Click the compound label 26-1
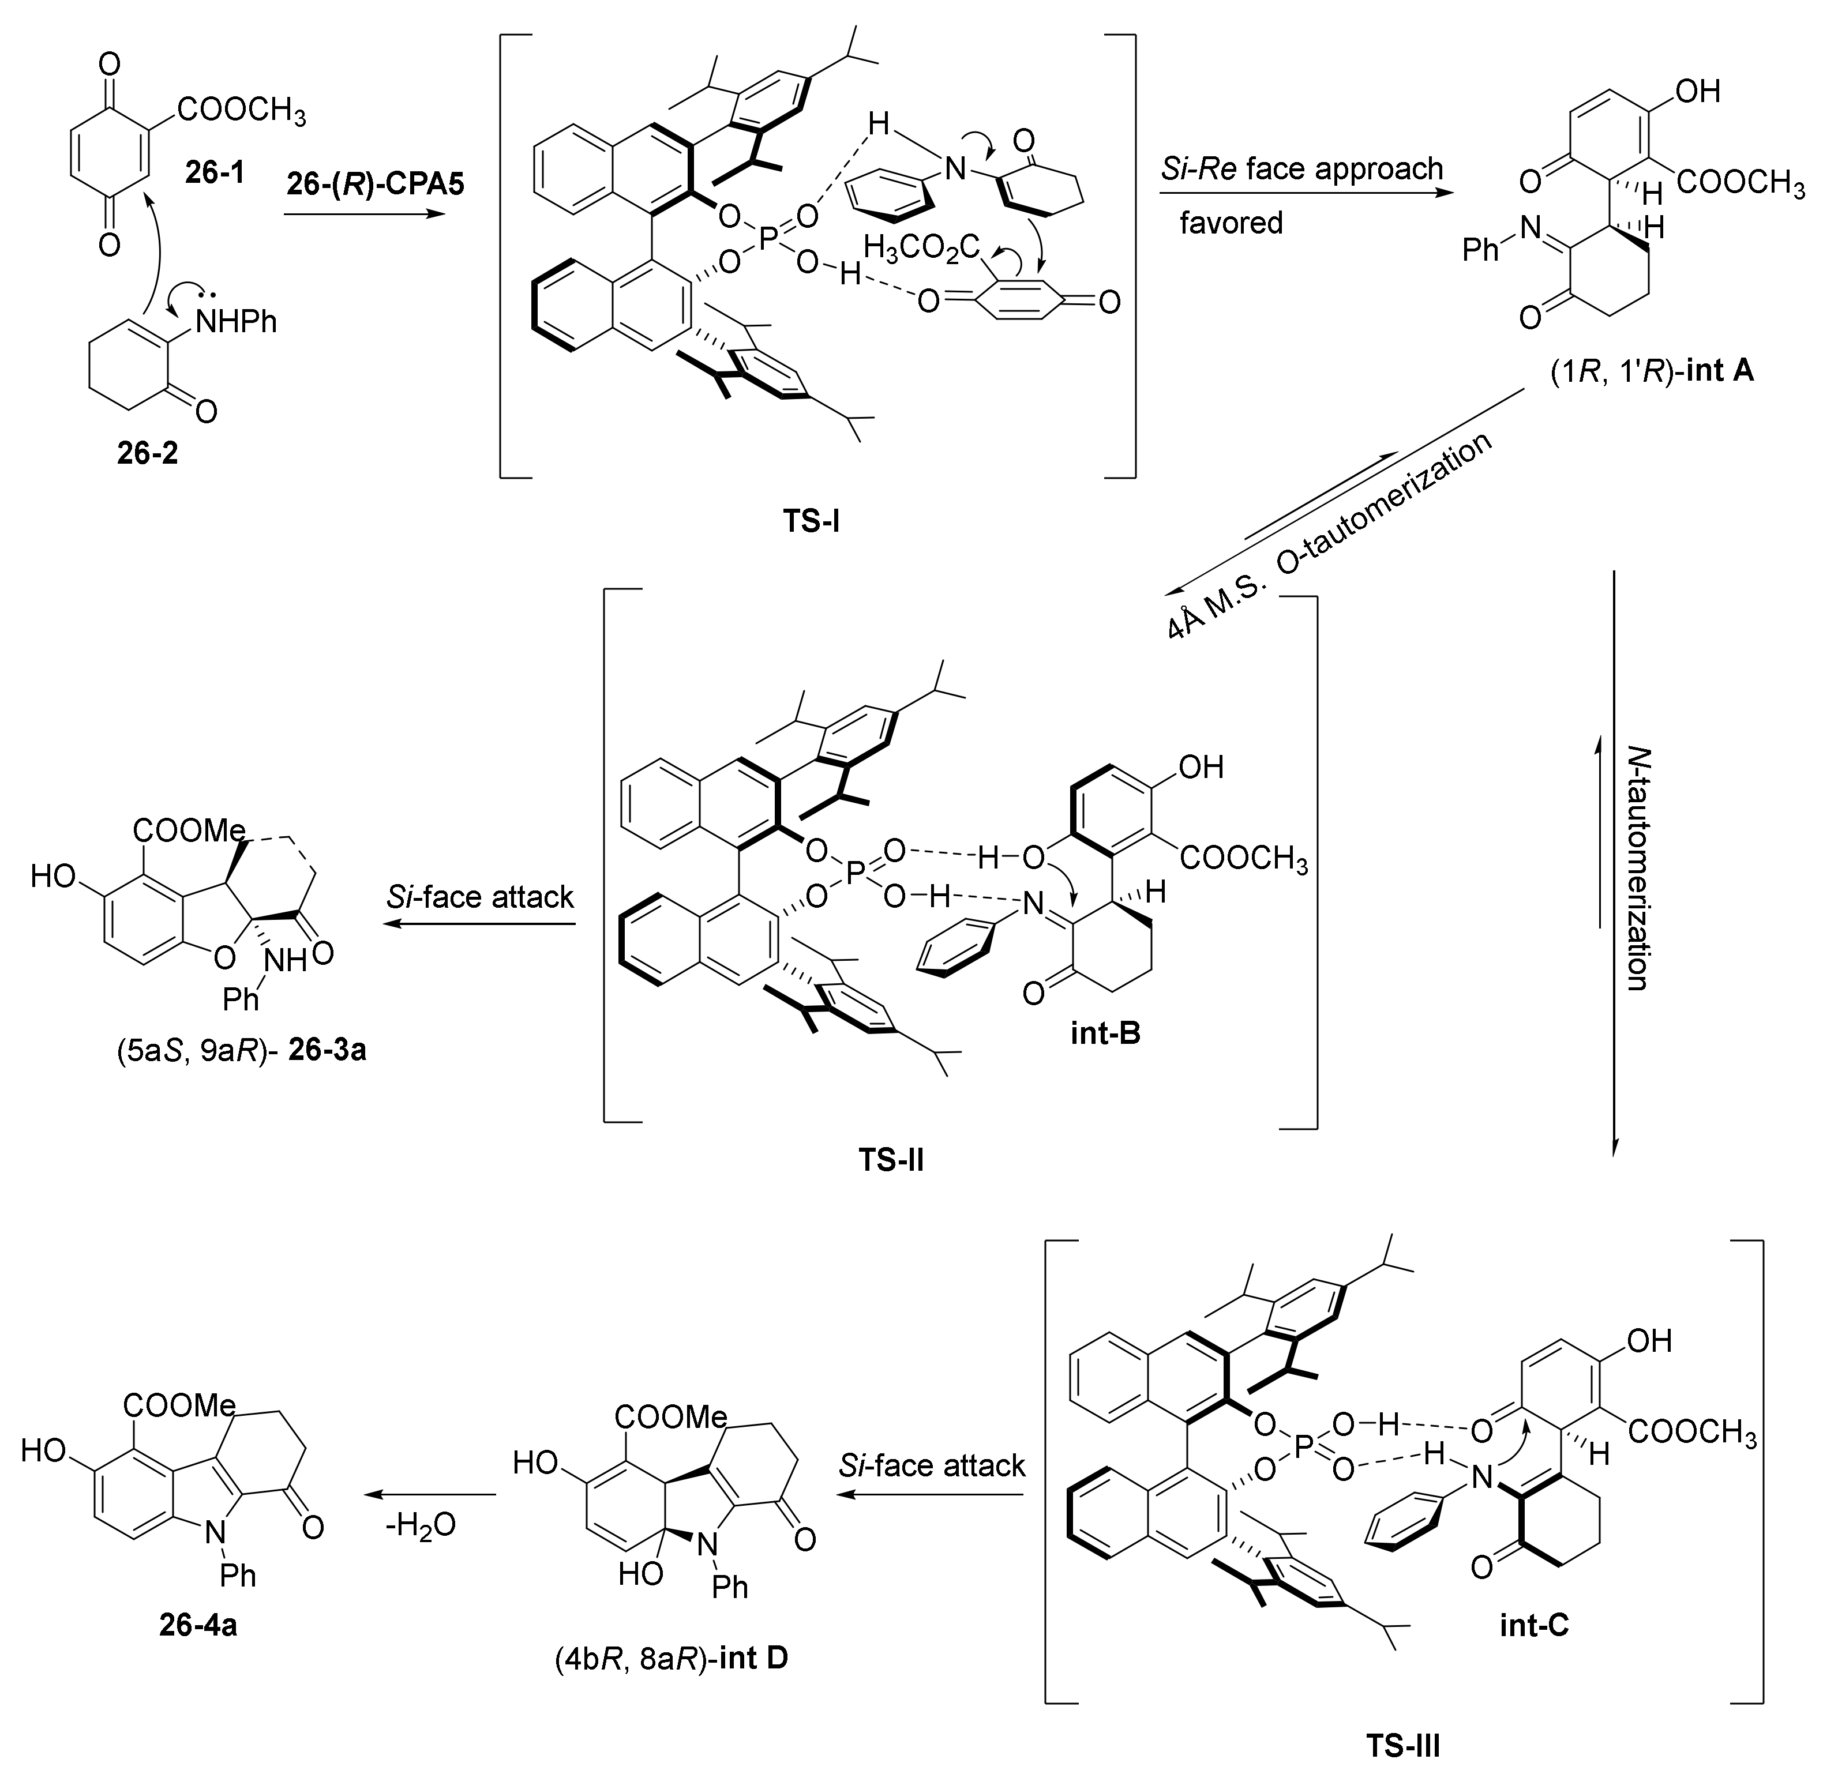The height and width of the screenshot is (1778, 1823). [215, 173]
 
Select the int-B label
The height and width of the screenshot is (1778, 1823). [1106, 1033]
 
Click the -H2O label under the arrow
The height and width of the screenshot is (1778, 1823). [421, 1524]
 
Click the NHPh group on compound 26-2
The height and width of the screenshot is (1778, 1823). [237, 322]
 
